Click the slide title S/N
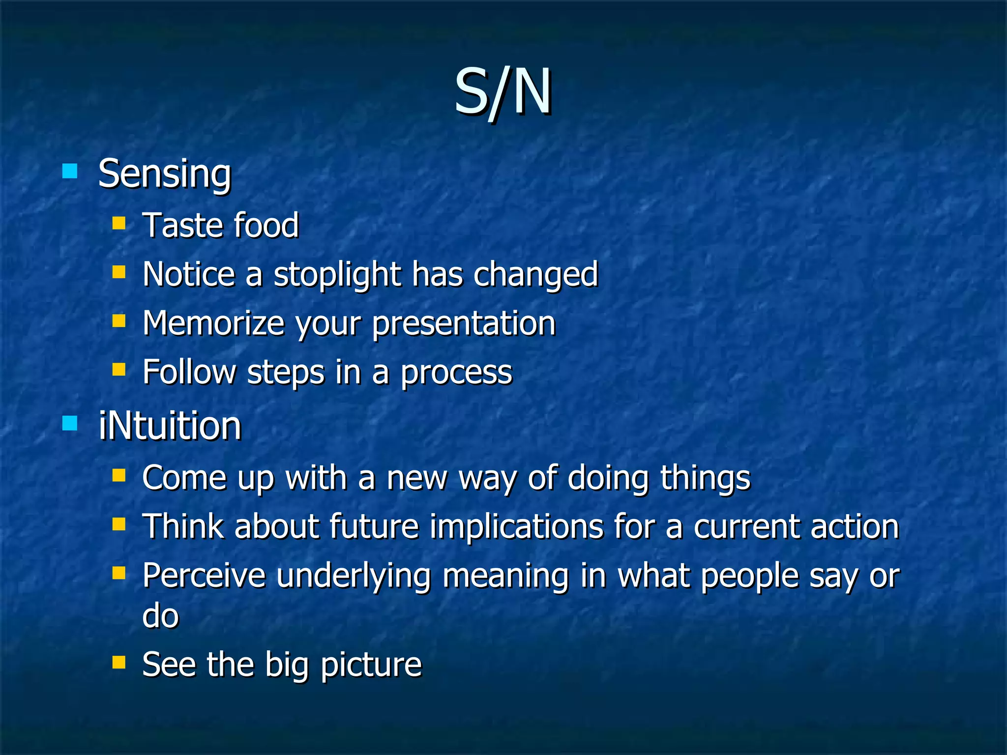click(x=503, y=92)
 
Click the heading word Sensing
click(x=165, y=174)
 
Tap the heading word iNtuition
click(x=170, y=426)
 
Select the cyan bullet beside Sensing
click(x=70, y=171)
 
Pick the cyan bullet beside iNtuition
click(x=70, y=423)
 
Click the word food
click(x=266, y=226)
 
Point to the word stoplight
click(x=337, y=274)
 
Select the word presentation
click(x=464, y=324)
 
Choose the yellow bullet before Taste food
click(x=119, y=224)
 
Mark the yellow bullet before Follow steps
click(x=119, y=370)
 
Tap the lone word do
click(x=160, y=615)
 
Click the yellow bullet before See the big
click(x=119, y=663)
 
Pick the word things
click(x=705, y=478)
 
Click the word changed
click(x=535, y=274)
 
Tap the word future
click(x=374, y=526)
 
